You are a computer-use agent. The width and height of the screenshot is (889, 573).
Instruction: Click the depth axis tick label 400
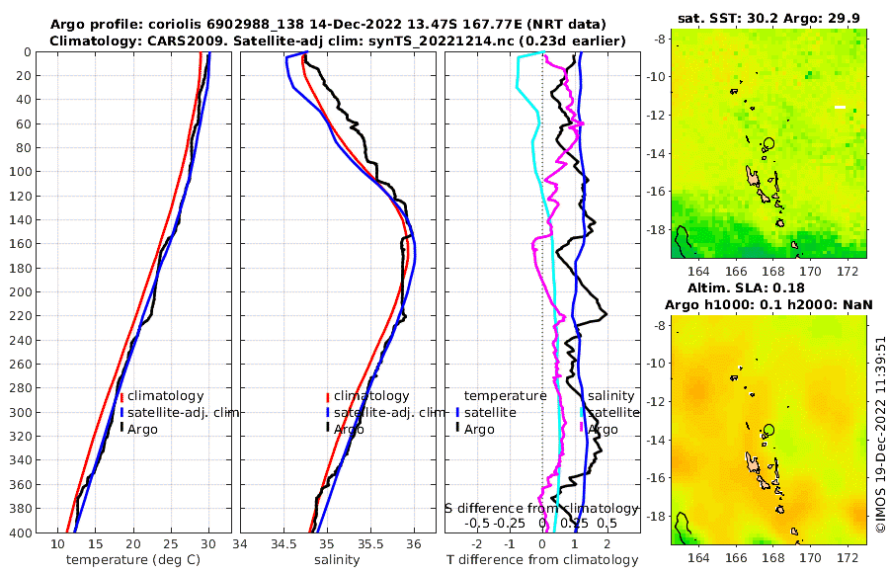point(21,532)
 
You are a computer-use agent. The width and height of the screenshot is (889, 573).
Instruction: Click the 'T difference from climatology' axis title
point(543,560)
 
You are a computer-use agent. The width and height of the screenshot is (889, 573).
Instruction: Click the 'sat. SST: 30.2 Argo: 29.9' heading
point(768,18)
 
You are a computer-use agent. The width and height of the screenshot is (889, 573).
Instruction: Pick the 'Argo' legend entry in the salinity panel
point(349,429)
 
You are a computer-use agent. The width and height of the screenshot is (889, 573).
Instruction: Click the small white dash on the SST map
point(840,107)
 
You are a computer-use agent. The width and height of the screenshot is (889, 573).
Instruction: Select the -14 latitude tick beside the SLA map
point(656,441)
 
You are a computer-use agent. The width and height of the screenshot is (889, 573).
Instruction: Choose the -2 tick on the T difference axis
point(477,543)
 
